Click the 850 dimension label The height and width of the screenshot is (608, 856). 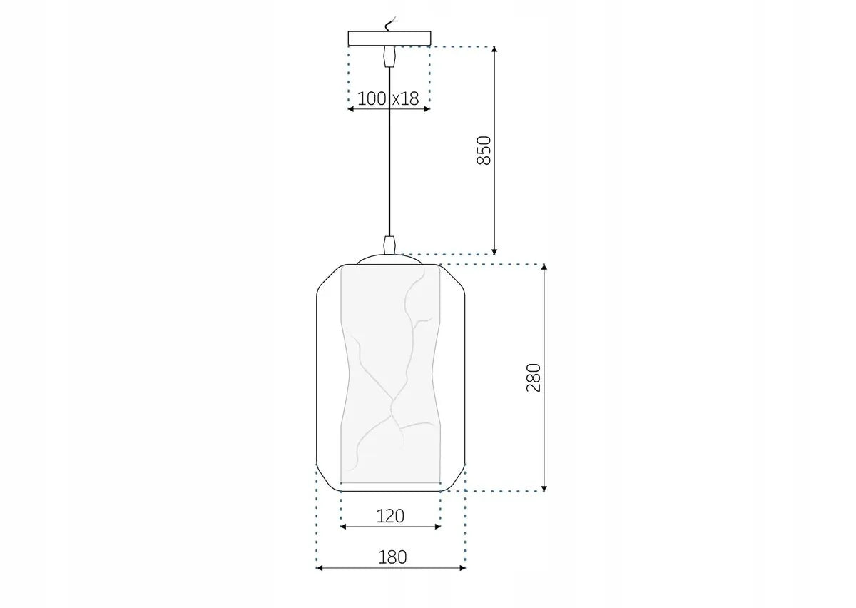coord(484,150)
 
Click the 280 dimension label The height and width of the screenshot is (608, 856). coord(534,378)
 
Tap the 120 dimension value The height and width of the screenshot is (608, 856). coord(390,515)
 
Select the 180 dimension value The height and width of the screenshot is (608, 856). coord(392,557)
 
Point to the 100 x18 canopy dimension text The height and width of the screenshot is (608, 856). coord(388,98)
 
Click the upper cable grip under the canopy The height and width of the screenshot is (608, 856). coord(389,56)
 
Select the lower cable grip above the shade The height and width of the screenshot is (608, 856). coord(389,244)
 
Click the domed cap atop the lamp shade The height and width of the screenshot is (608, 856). coord(389,260)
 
